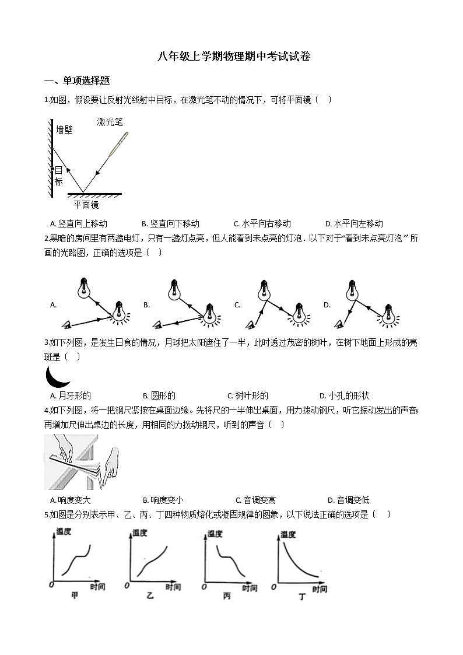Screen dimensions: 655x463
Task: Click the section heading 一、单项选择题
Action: (77, 80)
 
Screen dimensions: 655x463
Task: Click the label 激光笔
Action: (110, 122)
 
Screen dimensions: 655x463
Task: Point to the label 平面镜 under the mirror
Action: (86, 205)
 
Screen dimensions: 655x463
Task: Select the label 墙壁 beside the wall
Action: (64, 129)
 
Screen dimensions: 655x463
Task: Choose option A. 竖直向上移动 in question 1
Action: (79, 223)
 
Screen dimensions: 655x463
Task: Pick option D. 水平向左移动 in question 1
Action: (354, 223)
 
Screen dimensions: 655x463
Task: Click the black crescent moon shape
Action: (58, 376)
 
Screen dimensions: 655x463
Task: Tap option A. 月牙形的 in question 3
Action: (71, 395)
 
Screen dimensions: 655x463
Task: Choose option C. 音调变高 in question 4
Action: (255, 500)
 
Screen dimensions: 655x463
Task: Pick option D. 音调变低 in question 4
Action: (348, 500)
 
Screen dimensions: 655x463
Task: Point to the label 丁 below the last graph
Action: (302, 596)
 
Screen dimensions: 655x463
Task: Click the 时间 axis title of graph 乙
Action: (173, 587)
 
